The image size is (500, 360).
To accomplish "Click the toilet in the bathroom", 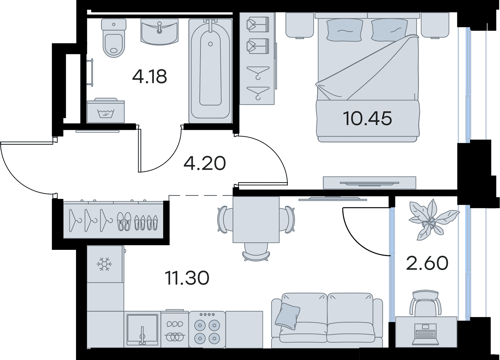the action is tap(114, 38).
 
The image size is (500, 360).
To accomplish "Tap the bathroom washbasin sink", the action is tap(160, 32).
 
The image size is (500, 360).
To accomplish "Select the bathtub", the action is tap(211, 71).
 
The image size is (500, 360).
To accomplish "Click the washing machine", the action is tap(106, 111).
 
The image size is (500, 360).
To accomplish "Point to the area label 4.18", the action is tap(149, 77).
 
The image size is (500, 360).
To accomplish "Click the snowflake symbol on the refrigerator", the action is tap(104, 264).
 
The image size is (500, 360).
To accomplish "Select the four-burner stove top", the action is tap(207, 329).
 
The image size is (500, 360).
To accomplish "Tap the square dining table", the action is tap(256, 219).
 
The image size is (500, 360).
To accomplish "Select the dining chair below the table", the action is tap(256, 252).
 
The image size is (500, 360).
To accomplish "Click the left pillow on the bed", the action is tap(344, 30).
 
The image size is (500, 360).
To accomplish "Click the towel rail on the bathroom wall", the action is tap(91, 72).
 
